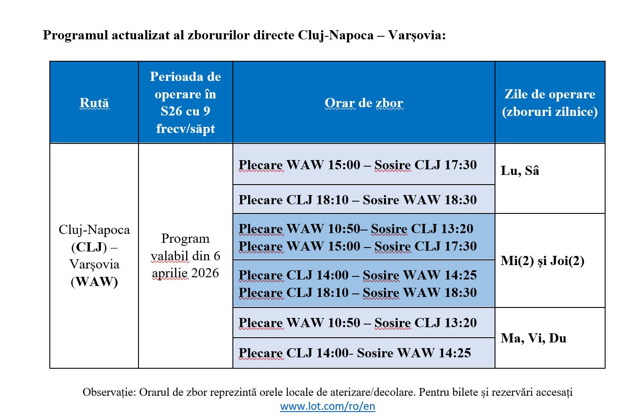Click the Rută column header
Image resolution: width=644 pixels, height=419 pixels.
coord(94,103)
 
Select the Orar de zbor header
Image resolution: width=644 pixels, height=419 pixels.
coord(364,103)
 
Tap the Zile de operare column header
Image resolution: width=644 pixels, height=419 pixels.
coord(550,103)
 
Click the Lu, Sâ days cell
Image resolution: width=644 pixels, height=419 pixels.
coord(520,171)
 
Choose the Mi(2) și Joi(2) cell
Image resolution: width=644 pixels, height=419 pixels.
coord(542,261)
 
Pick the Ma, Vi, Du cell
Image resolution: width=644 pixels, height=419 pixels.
coord(533,338)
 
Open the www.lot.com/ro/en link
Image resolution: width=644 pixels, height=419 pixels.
coord(327,406)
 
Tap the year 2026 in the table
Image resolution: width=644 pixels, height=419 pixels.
coord(203,273)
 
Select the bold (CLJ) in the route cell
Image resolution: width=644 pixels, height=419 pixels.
coord(89,247)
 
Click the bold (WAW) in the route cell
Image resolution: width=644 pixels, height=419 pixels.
coord(94,282)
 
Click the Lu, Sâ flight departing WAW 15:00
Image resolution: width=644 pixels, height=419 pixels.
coord(357,165)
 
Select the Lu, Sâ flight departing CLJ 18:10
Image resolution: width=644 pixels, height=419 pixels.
coord(357,200)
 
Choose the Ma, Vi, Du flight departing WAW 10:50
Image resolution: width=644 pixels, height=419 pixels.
coord(357,323)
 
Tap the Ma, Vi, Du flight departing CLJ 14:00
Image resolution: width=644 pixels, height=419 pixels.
coord(354,353)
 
